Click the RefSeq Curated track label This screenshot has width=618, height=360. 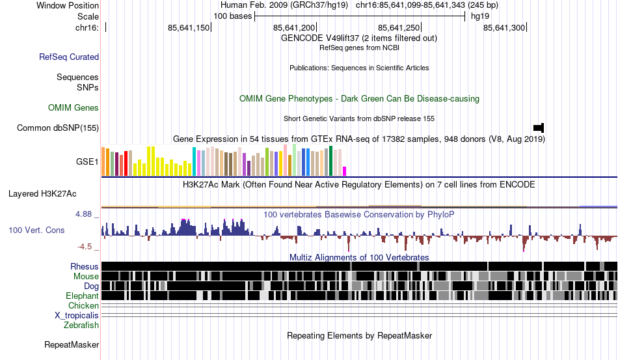69,57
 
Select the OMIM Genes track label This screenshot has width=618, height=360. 74,107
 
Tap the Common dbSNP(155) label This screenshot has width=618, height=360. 58,128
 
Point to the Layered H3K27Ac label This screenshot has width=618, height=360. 42,193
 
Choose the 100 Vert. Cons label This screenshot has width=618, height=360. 36,230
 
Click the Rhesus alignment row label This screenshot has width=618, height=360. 85,266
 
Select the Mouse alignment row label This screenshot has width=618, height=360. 87,277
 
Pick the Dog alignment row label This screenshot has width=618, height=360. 91,286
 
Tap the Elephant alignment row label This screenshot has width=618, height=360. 82,296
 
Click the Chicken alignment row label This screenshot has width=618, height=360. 84,305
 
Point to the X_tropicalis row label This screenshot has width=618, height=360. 77,315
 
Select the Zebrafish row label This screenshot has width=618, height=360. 81,325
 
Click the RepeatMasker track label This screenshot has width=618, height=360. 72,344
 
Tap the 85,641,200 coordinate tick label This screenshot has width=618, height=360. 294,28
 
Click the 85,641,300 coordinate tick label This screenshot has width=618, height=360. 504,28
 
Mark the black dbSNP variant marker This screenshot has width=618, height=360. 539,127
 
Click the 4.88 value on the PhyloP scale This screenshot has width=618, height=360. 85,214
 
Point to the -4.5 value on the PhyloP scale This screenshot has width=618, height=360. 85,247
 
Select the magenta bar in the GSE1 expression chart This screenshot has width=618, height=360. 345,171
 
